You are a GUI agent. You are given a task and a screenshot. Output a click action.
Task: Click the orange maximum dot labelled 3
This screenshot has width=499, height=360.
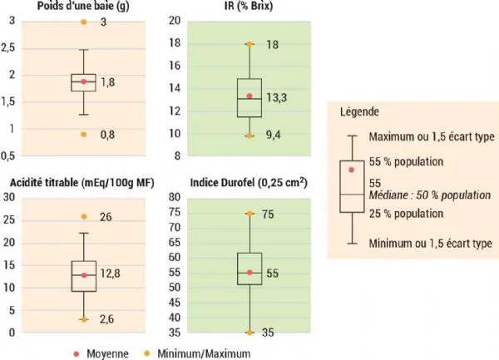point(83,21)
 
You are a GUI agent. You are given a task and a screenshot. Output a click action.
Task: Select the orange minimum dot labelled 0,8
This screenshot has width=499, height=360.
point(83,134)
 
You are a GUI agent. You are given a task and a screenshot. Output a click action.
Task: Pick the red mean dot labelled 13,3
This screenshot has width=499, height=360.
point(249,96)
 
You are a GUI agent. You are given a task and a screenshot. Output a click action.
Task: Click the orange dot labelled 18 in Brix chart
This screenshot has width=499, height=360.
point(249,44)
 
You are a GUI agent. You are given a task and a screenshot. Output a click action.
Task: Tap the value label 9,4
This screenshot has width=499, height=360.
point(275,135)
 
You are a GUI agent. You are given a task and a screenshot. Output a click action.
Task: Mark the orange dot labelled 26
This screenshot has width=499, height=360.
point(83,216)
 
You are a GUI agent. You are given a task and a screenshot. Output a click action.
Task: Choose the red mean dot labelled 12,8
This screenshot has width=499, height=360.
point(83,275)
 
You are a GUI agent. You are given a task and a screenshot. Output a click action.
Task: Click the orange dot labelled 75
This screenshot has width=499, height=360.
point(249,214)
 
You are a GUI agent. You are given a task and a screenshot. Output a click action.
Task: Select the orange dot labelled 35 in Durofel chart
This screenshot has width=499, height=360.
point(249,333)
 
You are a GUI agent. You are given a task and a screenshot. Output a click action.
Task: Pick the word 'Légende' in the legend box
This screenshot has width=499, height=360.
point(358,111)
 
